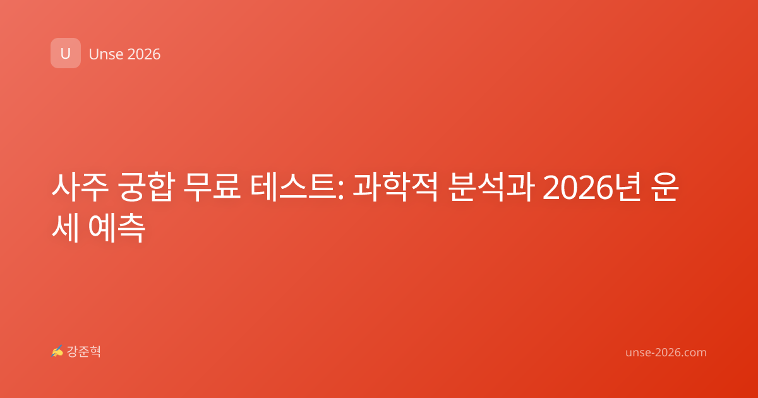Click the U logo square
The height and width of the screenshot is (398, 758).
(x=66, y=53)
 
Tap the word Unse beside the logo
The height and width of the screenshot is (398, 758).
(x=106, y=54)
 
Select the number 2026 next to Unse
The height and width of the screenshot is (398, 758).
(x=144, y=54)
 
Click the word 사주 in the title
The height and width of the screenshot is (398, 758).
(x=80, y=187)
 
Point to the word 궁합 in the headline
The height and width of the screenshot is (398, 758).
(x=146, y=187)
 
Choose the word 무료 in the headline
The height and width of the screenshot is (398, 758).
(x=212, y=187)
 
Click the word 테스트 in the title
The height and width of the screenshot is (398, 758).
(x=293, y=187)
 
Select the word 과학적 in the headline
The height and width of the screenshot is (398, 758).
(x=395, y=187)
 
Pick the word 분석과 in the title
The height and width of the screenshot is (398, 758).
(x=491, y=187)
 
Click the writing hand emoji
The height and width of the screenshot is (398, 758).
(x=57, y=351)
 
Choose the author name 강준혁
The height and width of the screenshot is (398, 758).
(x=83, y=351)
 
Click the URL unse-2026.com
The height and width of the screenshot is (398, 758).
(x=666, y=353)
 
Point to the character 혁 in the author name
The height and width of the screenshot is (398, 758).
(x=95, y=351)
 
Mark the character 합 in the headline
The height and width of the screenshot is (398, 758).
(x=161, y=187)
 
